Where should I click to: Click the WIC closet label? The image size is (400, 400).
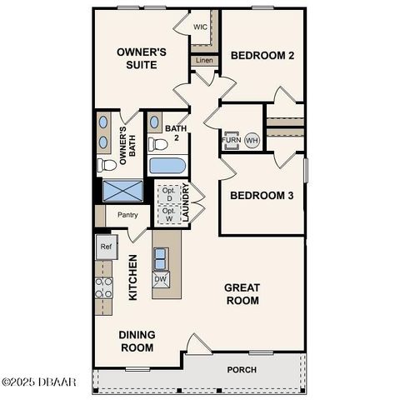tap(200, 27)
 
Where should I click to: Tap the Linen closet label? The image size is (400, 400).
tap(203, 60)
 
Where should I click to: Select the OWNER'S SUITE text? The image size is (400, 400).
tap(142, 58)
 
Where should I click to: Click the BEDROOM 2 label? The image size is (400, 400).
tap(262, 56)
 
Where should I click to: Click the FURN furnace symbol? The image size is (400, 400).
tap(232, 140)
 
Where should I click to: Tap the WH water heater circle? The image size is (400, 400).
tap(252, 141)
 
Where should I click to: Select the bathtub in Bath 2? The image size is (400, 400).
tap(167, 165)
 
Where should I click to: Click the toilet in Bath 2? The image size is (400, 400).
tap(157, 143)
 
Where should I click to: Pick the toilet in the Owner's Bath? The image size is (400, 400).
tap(107, 164)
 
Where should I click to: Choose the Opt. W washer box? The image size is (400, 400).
tap(167, 215)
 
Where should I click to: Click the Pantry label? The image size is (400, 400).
tap(127, 214)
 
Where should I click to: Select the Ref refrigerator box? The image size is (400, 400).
tap(105, 247)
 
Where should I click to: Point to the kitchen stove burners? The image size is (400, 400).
tap(103, 287)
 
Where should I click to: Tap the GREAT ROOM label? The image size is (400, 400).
tap(242, 293)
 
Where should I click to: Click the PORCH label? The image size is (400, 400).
tap(242, 369)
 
